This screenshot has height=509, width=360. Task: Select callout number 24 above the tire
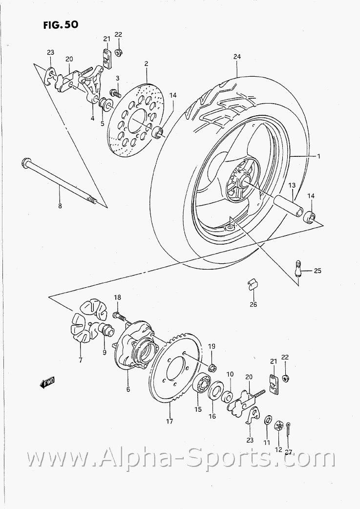tap(237, 57)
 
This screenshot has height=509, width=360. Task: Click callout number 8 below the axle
tap(60, 206)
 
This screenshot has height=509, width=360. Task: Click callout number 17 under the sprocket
tap(169, 421)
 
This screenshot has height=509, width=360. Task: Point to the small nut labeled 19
tap(212, 367)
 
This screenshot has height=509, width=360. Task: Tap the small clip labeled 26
tap(253, 284)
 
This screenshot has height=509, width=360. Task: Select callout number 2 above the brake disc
tap(146, 64)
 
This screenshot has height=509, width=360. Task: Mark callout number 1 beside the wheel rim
tap(318, 156)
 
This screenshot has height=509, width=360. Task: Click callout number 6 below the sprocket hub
tap(128, 389)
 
